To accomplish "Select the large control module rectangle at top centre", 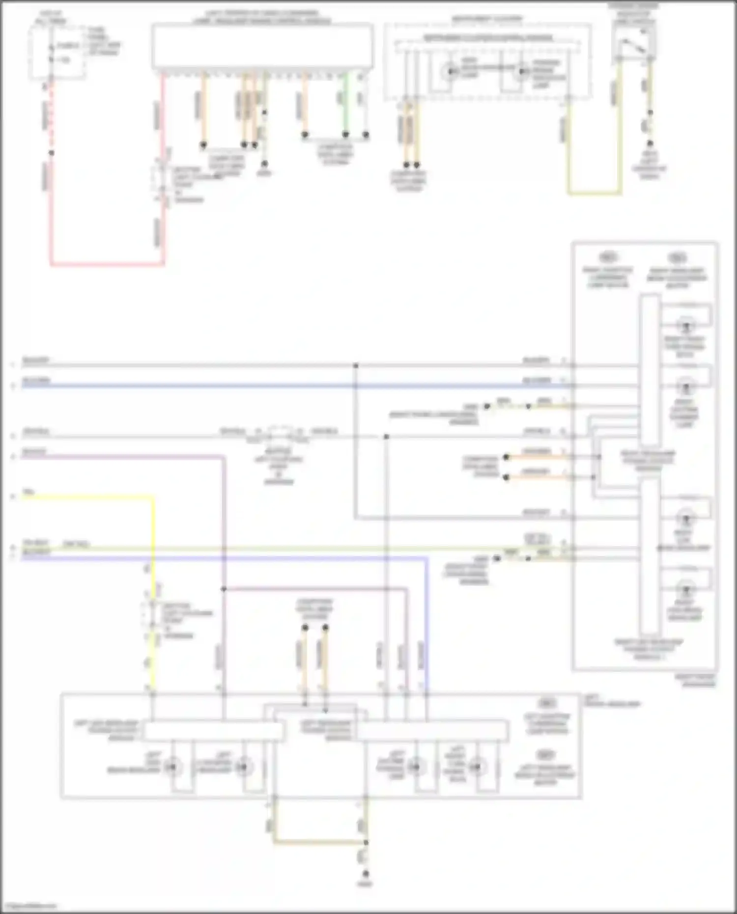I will point(262,47).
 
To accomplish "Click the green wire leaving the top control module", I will point(346,103).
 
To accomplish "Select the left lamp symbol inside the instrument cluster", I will point(450,73).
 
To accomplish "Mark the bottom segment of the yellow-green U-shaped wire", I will point(595,193).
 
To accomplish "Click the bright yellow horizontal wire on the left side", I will point(88,497).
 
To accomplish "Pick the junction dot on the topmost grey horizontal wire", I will point(356,366).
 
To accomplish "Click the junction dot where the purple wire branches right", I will point(224,589).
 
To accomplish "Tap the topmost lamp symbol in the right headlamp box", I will point(686,325).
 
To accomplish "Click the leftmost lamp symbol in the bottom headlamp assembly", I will point(172,767).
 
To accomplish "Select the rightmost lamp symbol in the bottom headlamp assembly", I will point(476,767).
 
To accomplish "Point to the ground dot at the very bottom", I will point(366,875).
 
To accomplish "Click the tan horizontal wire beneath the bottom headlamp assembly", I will point(319,843).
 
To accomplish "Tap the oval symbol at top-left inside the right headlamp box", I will point(608,257).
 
